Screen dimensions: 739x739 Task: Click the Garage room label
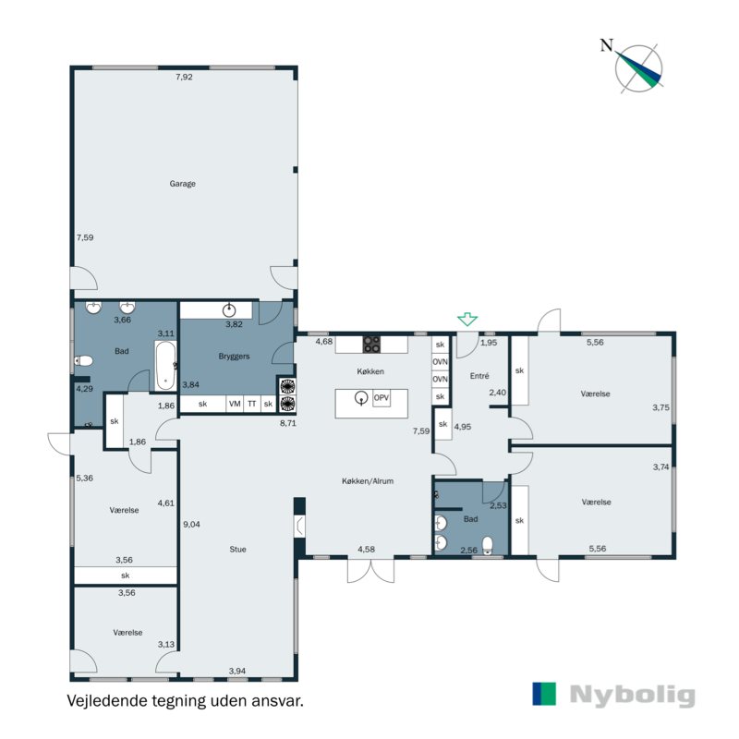[182, 184]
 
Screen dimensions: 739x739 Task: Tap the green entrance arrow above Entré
[468, 320]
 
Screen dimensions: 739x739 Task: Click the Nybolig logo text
[631, 695]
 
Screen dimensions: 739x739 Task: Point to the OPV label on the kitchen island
[382, 397]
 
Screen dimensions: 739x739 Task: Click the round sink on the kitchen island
[360, 398]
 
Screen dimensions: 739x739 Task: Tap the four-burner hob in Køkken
[371, 345]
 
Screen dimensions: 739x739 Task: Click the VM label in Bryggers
[235, 404]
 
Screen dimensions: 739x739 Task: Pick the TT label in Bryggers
[251, 404]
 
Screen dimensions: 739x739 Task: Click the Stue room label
[238, 550]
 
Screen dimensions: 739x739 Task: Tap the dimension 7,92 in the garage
[184, 78]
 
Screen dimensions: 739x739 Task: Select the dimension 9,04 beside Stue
[192, 525]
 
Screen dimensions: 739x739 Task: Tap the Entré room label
[479, 375]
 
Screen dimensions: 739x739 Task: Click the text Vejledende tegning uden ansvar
[185, 701]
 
